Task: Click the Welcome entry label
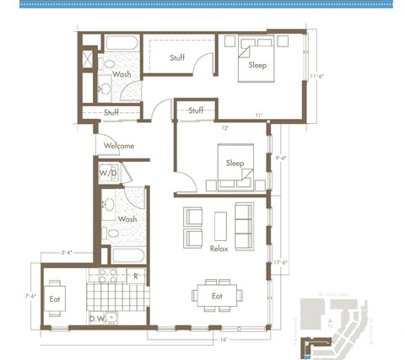(x=119, y=146)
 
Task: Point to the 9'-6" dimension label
(x=282, y=157)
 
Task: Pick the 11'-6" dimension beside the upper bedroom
(x=317, y=76)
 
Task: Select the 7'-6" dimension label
(x=31, y=295)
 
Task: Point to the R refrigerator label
(x=136, y=276)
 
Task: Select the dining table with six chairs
(x=217, y=295)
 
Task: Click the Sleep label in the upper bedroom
(x=259, y=64)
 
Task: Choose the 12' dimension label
(x=224, y=128)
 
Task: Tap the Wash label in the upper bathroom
(x=121, y=74)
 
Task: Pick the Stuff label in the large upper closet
(x=177, y=57)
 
